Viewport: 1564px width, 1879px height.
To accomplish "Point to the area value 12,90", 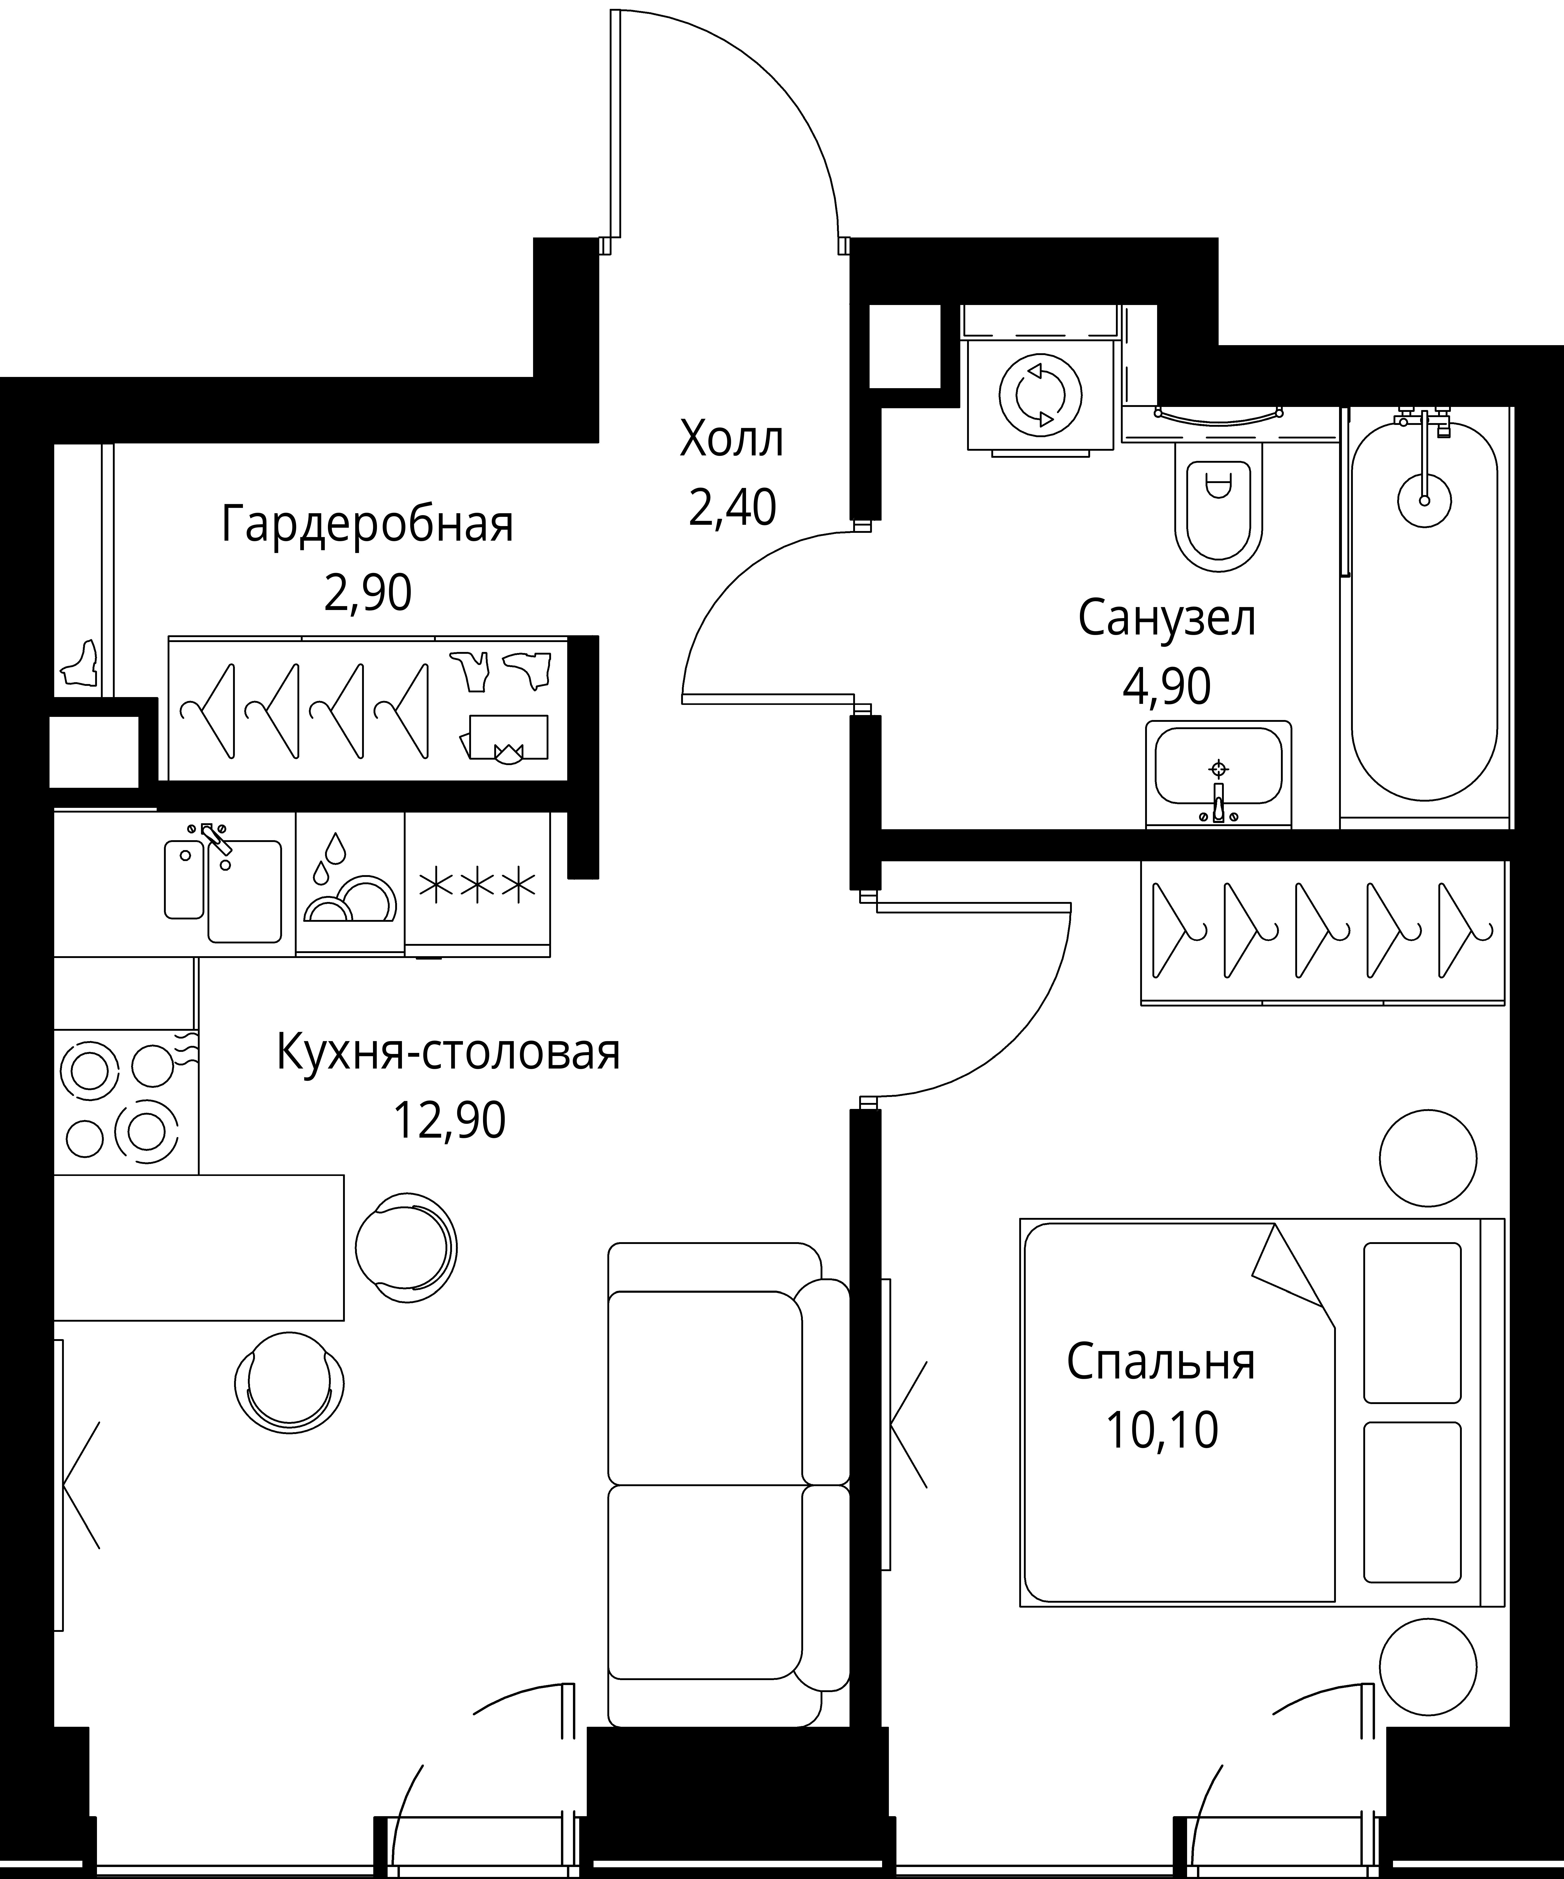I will [449, 1120].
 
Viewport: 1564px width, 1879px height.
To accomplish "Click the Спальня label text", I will [1160, 1362].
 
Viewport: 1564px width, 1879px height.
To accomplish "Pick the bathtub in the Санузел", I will [1423, 617].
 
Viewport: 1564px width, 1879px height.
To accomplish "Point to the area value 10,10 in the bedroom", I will [1161, 1430].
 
